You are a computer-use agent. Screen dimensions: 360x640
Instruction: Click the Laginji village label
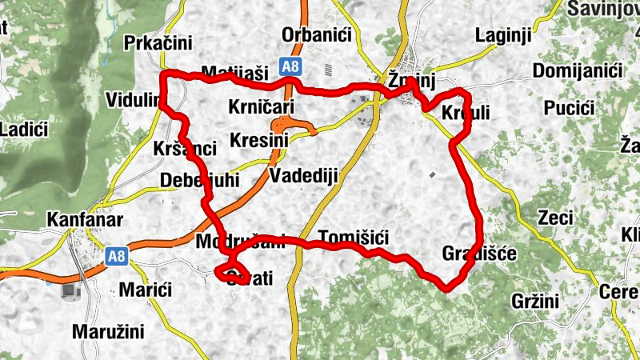point(503,35)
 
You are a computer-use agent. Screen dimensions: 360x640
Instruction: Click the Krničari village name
point(262,106)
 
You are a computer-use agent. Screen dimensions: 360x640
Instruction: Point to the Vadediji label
point(305,176)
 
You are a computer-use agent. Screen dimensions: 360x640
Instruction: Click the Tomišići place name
point(353,237)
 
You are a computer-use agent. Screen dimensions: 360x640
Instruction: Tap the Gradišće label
point(479,254)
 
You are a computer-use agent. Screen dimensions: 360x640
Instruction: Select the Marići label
point(144,288)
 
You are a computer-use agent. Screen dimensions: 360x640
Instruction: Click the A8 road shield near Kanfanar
point(117,257)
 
